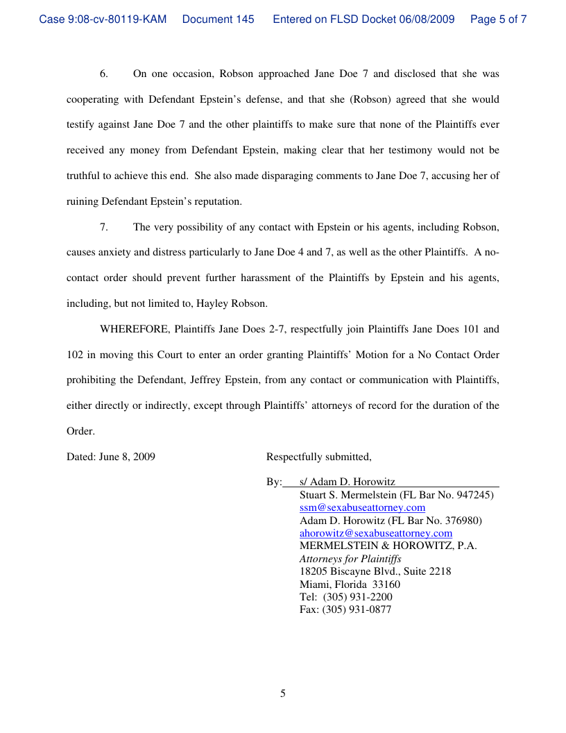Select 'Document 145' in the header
tap(218, 19)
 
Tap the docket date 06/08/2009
tap(427, 19)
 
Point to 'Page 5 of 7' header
tap(498, 19)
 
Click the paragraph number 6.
tap(104, 74)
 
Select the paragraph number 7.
tap(104, 227)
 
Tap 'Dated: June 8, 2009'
tap(111, 457)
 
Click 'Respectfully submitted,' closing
tap(319, 457)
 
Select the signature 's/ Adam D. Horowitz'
tap(348, 482)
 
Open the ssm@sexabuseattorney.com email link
tap(362, 508)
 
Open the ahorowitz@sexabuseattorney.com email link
tap(376, 533)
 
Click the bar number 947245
tap(473, 495)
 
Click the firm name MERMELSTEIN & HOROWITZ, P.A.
tap(388, 546)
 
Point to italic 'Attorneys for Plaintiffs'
tap(350, 559)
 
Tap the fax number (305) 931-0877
tap(357, 610)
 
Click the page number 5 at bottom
tap(283, 693)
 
